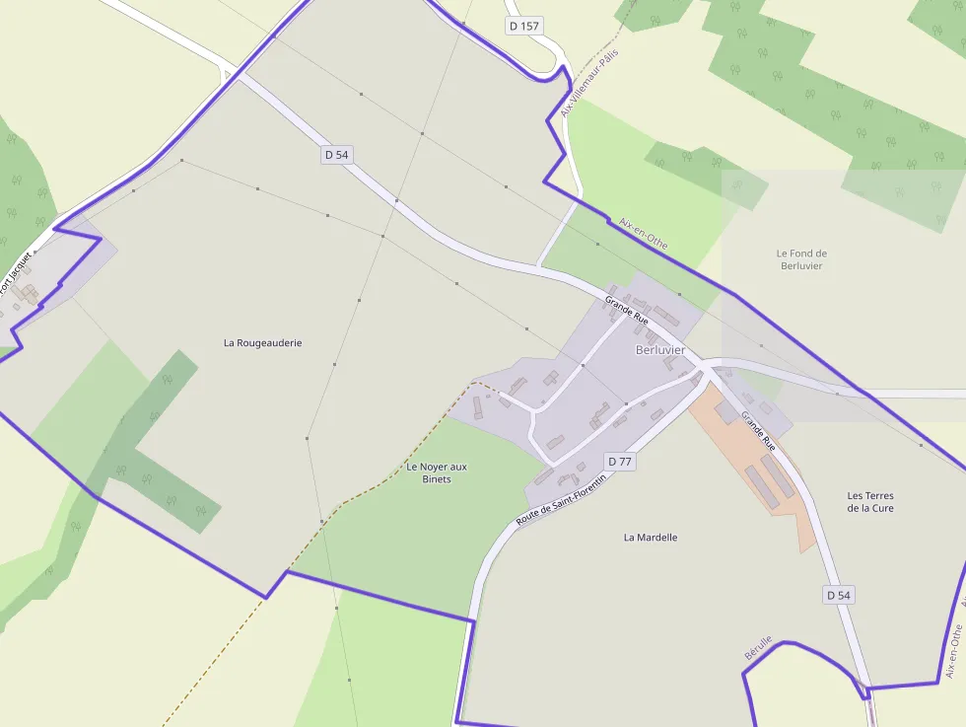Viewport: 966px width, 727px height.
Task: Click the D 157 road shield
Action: point(524,26)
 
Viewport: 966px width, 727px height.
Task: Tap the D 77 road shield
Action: point(620,461)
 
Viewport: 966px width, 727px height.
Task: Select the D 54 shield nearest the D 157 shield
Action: point(336,155)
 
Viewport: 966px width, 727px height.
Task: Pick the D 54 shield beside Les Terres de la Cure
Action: point(838,595)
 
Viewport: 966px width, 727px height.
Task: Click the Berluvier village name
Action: point(660,350)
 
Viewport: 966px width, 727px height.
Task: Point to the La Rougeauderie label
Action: point(262,343)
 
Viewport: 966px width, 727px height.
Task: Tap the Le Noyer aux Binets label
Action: point(437,473)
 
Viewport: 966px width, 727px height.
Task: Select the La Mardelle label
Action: point(651,538)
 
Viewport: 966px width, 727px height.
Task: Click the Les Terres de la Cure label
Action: point(870,501)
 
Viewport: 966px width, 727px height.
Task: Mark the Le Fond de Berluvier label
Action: point(802,259)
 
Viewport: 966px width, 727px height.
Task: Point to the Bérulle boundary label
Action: point(758,648)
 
